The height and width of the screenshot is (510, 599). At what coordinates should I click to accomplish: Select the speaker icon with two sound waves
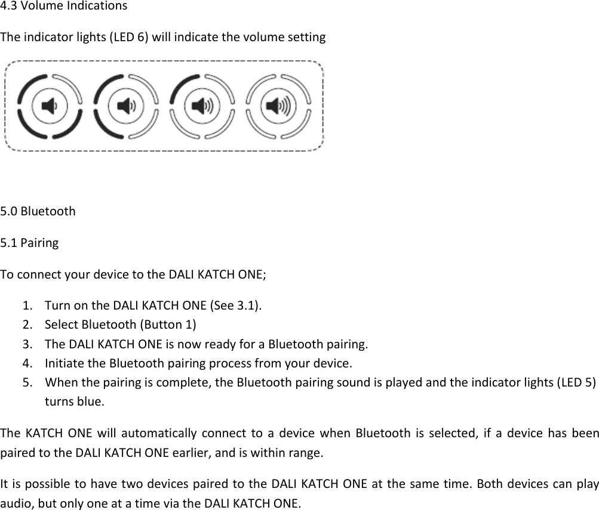125,106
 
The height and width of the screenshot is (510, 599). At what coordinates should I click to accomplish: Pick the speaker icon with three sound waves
201,106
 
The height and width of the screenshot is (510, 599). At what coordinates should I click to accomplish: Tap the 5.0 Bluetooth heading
38,211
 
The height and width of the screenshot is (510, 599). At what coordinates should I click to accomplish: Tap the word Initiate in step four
65,363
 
